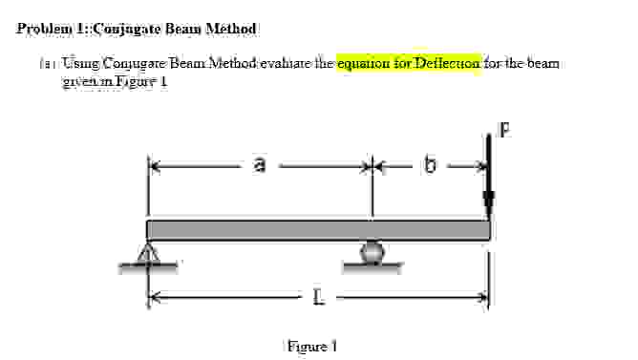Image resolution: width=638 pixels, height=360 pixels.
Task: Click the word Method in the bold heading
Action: point(229,29)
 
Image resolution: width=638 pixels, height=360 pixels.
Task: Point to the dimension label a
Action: point(259,167)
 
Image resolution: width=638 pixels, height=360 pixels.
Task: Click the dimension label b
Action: point(430,167)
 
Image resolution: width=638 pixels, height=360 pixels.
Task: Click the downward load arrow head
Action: point(489,203)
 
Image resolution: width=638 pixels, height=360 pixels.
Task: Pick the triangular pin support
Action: point(148,254)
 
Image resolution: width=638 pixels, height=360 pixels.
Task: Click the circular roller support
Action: point(372,251)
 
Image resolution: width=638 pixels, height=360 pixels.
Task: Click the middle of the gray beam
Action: point(318,230)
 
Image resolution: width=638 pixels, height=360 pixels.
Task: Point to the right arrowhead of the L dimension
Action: point(483,299)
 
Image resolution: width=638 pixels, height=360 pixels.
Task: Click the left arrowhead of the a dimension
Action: point(154,166)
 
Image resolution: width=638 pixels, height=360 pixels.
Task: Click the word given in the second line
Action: point(79,80)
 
